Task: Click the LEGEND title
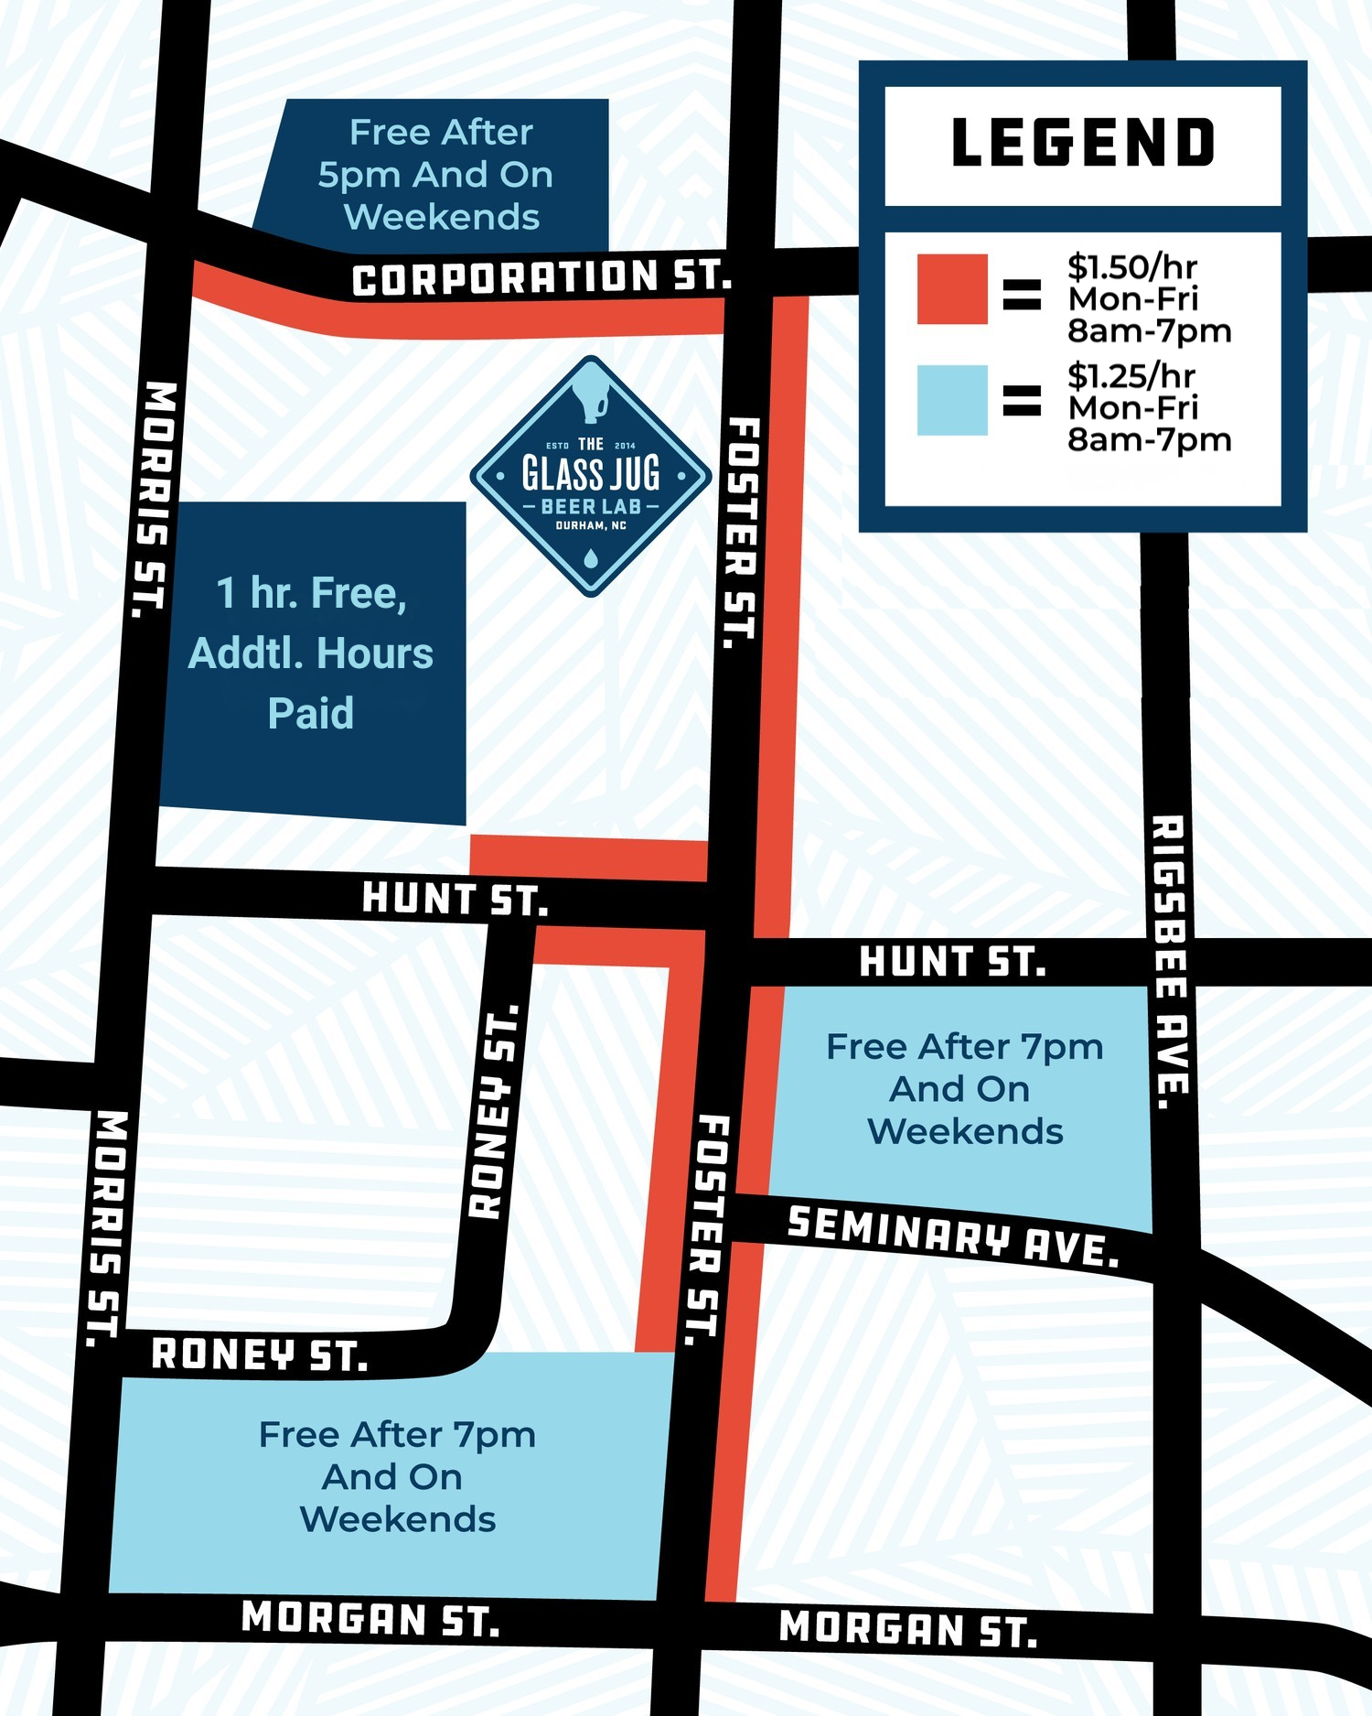(1083, 144)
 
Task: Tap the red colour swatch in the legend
(952, 289)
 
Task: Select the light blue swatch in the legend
(952, 400)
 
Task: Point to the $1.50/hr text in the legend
(1132, 267)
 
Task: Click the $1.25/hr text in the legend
(1131, 376)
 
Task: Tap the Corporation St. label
(541, 278)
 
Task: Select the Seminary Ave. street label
(953, 1236)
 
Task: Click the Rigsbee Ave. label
(1171, 961)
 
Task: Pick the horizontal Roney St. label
(260, 1354)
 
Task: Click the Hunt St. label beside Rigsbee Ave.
(952, 963)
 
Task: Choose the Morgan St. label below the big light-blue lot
(370, 1618)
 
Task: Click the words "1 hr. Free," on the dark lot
(311, 593)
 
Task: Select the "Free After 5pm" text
(441, 133)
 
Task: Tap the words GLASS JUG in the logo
(591, 474)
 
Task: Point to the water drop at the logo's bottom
(591, 556)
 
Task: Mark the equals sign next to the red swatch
(1022, 293)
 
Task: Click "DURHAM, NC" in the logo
(591, 526)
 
